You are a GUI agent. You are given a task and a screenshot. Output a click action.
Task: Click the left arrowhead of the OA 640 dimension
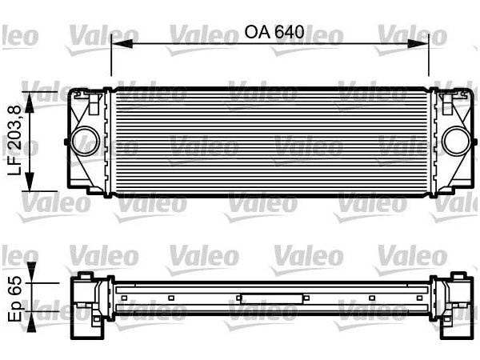point(115,46)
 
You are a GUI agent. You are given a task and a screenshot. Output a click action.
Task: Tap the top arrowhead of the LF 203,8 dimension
point(30,96)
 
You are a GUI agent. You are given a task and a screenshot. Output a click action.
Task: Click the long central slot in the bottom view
point(272,298)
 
